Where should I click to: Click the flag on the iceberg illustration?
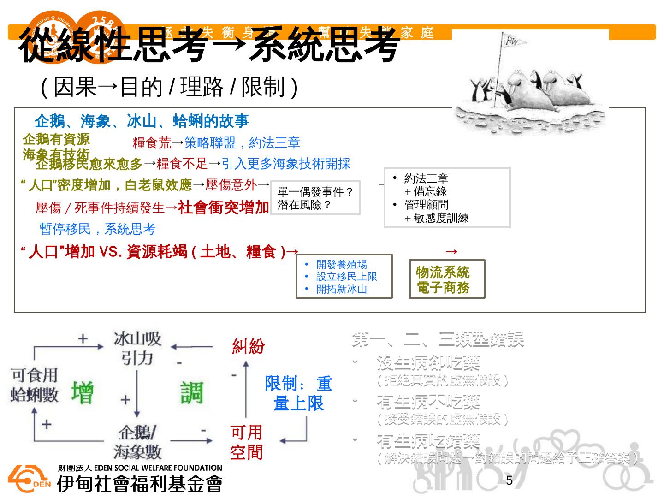[x=512, y=42]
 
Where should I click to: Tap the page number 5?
[x=509, y=480]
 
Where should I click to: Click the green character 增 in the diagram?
[x=82, y=393]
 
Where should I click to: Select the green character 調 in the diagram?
[x=191, y=393]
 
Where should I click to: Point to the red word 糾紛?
[x=249, y=346]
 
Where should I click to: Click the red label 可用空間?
[x=246, y=442]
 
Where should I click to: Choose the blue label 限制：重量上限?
[x=298, y=393]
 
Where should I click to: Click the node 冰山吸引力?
[x=137, y=348]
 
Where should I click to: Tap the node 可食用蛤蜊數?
[x=35, y=385]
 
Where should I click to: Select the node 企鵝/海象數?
[x=137, y=442]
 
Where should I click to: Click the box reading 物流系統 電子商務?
[x=447, y=279]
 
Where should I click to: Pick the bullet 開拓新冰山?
[x=341, y=289]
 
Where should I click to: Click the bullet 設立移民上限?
[x=346, y=277]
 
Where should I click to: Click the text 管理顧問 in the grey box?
[x=426, y=205]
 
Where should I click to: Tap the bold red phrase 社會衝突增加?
[x=223, y=207]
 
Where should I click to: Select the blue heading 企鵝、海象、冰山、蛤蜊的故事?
[x=142, y=121]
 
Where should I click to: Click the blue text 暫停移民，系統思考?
[x=97, y=229]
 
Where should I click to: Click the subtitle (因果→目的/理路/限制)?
[x=169, y=87]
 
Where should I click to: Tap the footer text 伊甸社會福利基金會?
[x=139, y=483]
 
